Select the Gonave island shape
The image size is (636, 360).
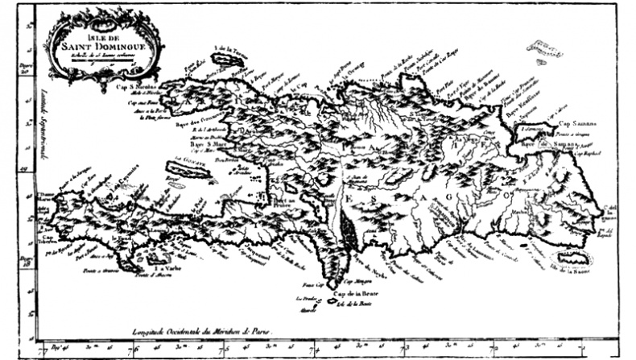(x=184, y=172)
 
